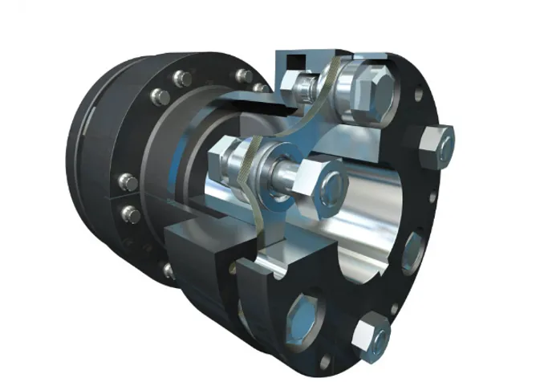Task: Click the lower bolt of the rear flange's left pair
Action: (x=128, y=213)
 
